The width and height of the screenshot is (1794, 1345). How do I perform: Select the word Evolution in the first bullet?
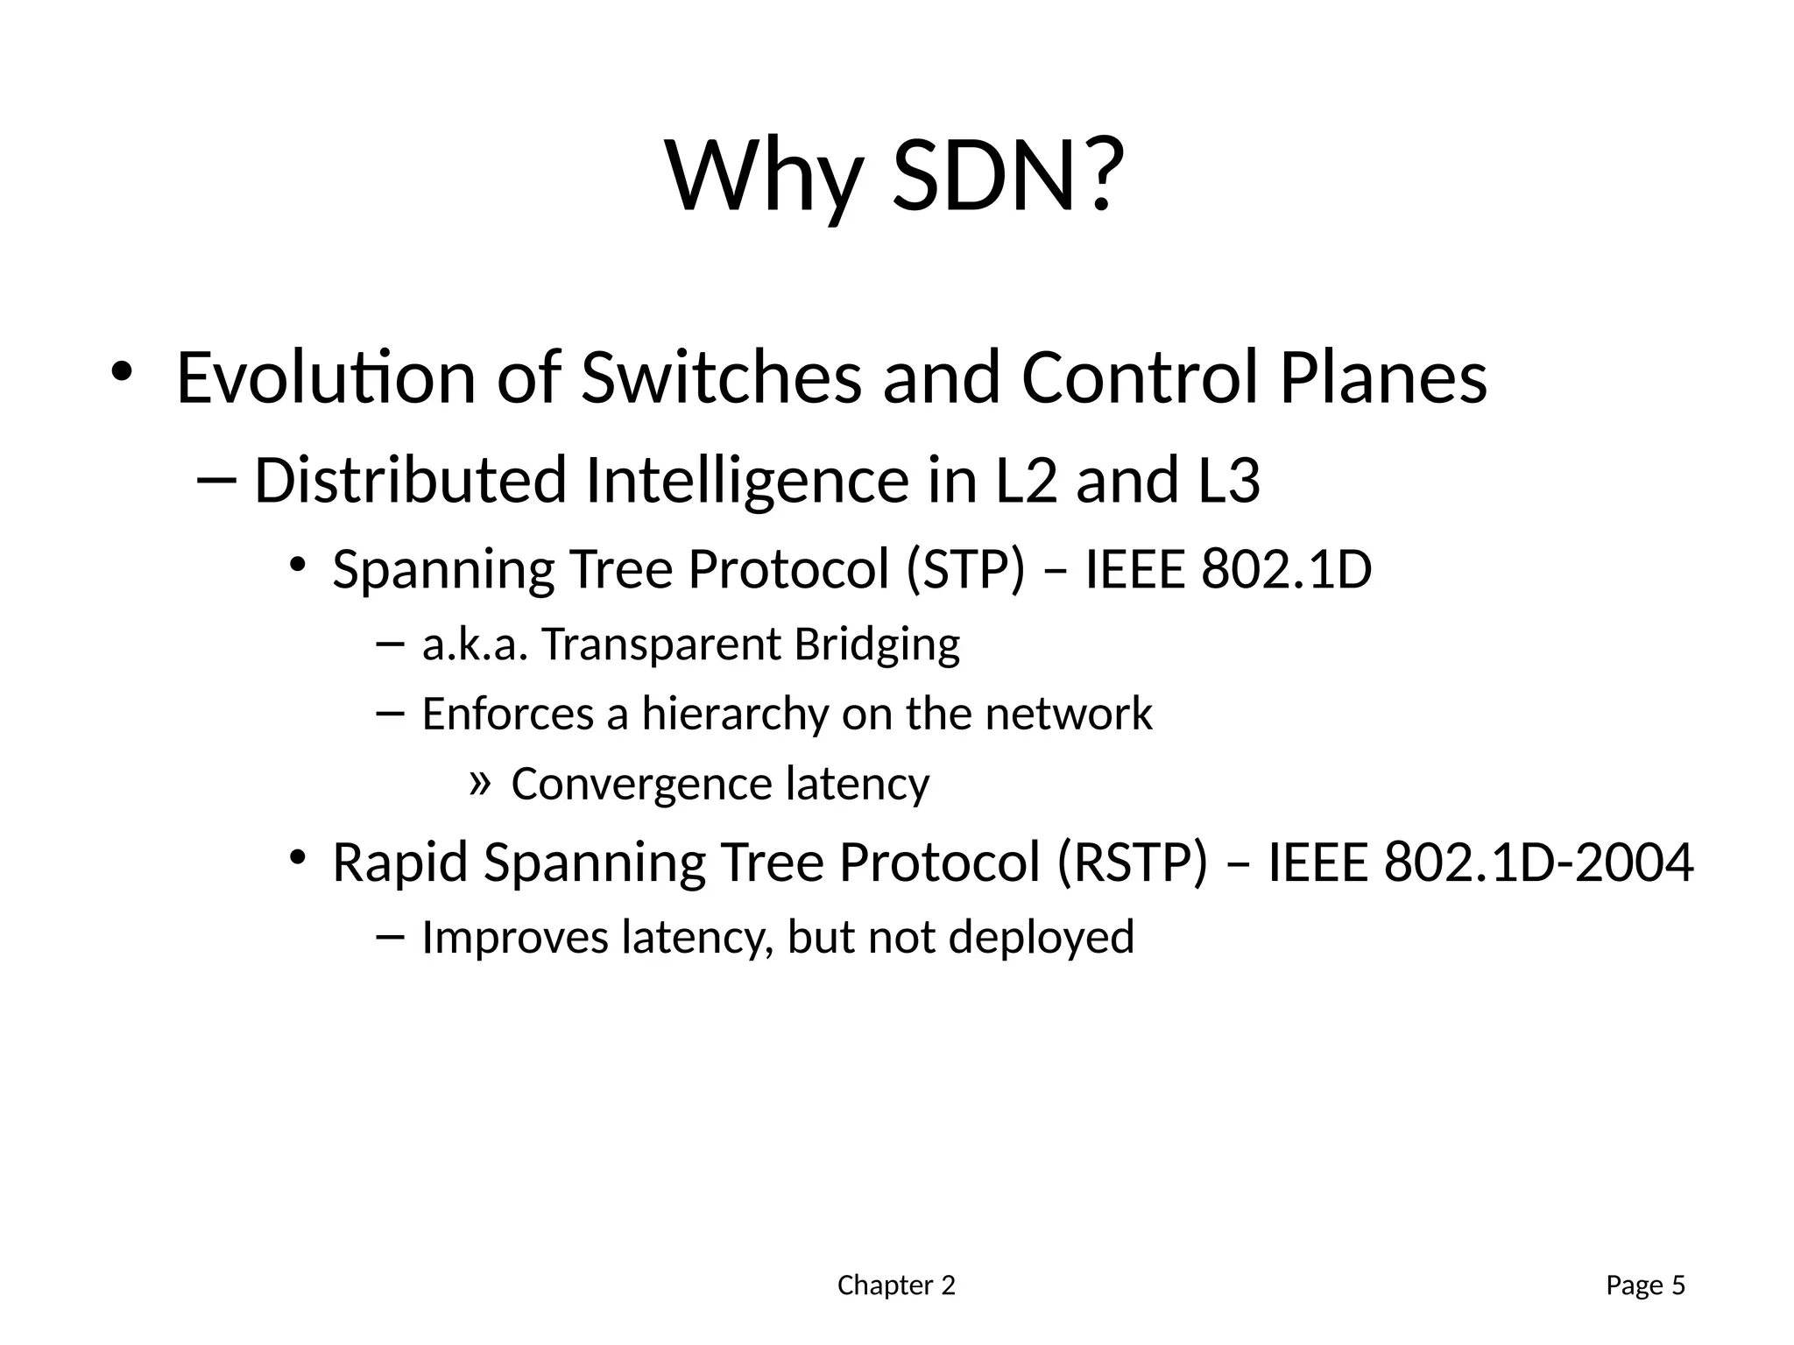tap(326, 377)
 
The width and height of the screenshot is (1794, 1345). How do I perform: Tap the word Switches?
tap(721, 377)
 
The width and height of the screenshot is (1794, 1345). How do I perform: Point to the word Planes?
tap(1383, 377)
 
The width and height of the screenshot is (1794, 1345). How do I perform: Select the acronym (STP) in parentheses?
tap(964, 570)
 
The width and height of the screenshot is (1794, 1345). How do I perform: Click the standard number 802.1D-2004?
tap(1538, 862)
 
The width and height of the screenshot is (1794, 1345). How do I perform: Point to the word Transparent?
tap(661, 645)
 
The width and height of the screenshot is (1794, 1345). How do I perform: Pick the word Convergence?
tap(640, 785)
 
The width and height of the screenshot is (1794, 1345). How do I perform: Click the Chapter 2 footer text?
tap(896, 1285)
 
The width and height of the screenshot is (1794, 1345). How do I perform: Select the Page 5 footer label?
tap(1645, 1285)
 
